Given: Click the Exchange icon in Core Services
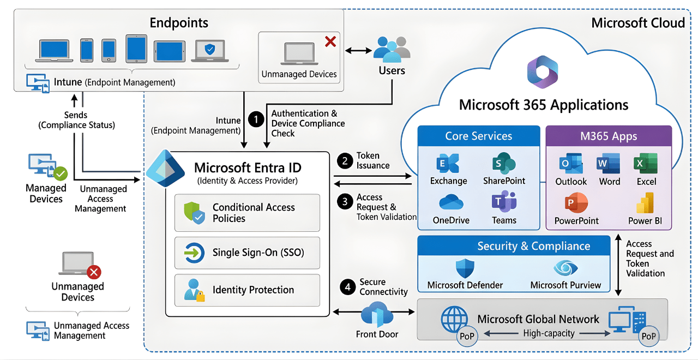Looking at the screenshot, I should pyautogui.click(x=448, y=164).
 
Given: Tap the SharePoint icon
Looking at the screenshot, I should pyautogui.click(x=504, y=164).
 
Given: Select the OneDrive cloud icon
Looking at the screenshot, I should pyautogui.click(x=450, y=203).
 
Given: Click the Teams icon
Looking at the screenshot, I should pyautogui.click(x=504, y=202).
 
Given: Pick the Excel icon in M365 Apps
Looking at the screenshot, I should pyautogui.click(x=646, y=164).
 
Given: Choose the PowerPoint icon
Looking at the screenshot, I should pyautogui.click(x=576, y=203).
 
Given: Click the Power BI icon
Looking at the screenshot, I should pyautogui.click(x=646, y=203).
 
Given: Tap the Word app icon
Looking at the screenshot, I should pyautogui.click(x=609, y=164).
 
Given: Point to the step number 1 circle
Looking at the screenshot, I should pyautogui.click(x=255, y=118).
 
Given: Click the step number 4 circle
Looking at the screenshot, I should pyautogui.click(x=347, y=286).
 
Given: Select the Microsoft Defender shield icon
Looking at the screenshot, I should pyautogui.click(x=465, y=268).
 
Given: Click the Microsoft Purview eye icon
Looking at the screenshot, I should pyautogui.click(x=565, y=268).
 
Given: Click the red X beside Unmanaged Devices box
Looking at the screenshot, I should pyautogui.click(x=330, y=41).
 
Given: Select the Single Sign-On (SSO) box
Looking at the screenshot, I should pyautogui.click(x=247, y=253).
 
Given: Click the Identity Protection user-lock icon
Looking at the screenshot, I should pyautogui.click(x=194, y=290).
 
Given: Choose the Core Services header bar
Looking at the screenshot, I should pyautogui.click(x=478, y=136).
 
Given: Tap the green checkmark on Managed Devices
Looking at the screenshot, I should pyautogui.click(x=60, y=173).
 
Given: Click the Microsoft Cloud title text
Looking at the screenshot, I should pyautogui.click(x=637, y=22).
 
